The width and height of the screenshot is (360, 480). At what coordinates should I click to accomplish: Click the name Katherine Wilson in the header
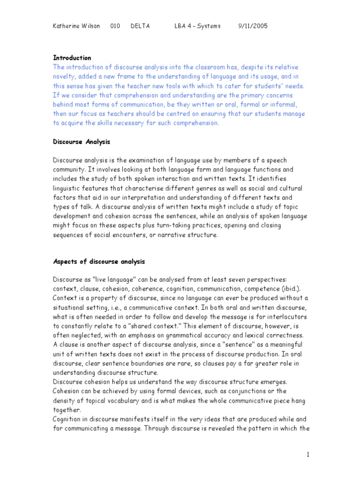(76, 26)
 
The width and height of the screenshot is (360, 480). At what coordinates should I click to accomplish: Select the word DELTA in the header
(140, 26)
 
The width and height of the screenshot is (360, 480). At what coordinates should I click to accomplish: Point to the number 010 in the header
(115, 26)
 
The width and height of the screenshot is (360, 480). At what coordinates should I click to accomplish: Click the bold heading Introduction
(72, 58)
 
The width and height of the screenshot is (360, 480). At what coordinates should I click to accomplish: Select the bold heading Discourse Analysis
(82, 141)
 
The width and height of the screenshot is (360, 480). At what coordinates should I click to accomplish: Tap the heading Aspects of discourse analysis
(99, 261)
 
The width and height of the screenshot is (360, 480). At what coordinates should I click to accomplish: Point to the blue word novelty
(65, 76)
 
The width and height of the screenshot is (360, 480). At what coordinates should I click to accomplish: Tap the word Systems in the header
(209, 26)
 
